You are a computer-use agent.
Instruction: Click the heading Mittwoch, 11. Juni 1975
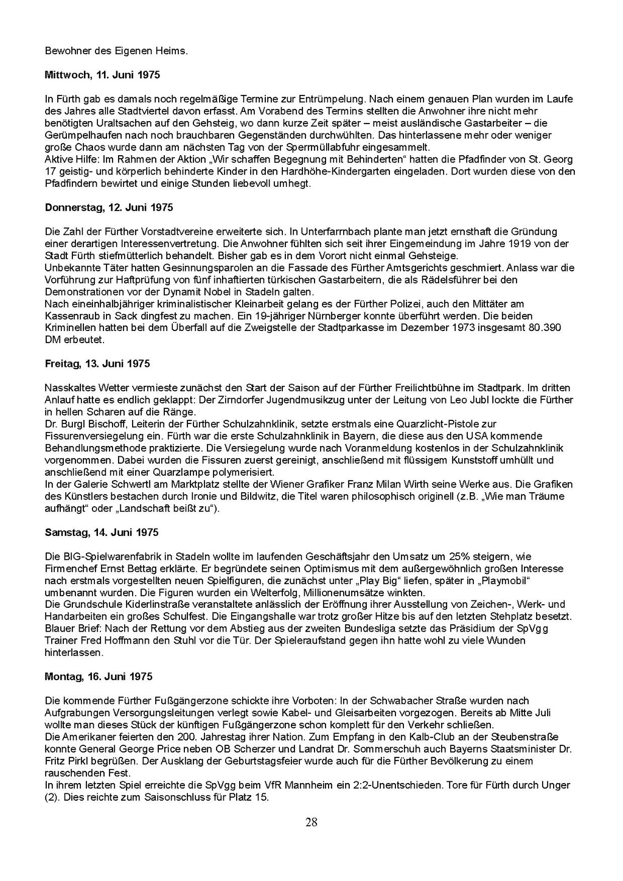click(x=102, y=75)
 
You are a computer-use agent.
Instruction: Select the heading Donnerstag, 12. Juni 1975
click(x=109, y=207)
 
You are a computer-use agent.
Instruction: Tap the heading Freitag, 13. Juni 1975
click(x=97, y=364)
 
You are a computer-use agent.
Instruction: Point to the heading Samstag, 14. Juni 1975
click(x=102, y=532)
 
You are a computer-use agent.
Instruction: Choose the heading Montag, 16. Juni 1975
click(x=99, y=677)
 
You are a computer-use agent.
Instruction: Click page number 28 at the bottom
click(x=311, y=823)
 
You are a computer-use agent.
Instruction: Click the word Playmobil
click(x=498, y=580)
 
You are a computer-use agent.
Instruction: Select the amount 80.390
click(x=543, y=328)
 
